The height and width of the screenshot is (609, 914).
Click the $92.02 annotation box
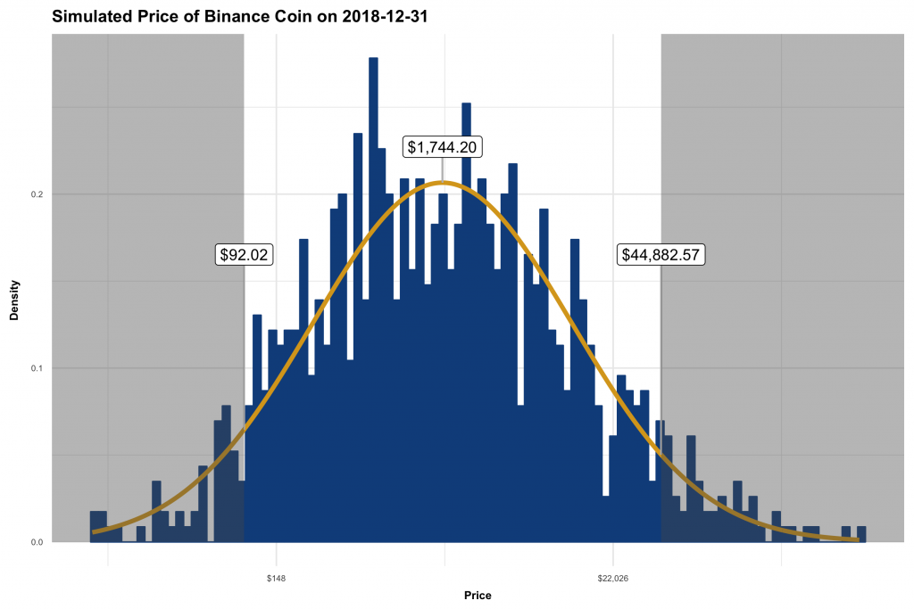pyautogui.click(x=245, y=254)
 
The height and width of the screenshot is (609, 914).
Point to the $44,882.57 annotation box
pyautogui.click(x=661, y=254)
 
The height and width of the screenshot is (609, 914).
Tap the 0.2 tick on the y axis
pyautogui.click(x=36, y=193)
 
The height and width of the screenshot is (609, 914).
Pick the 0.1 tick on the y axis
pyautogui.click(x=36, y=367)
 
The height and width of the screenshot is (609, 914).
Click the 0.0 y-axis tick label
pyautogui.click(x=36, y=541)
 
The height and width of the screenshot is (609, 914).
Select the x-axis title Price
pyautogui.click(x=478, y=595)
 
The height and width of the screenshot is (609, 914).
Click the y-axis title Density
pyautogui.click(x=14, y=288)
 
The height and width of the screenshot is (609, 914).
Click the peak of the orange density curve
pyautogui.click(x=443, y=183)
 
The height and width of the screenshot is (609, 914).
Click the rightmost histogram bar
pyautogui.click(x=861, y=534)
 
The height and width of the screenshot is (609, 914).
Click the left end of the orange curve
pyautogui.click(x=94, y=531)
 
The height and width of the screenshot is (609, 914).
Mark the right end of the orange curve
pyautogui.click(x=857, y=539)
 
